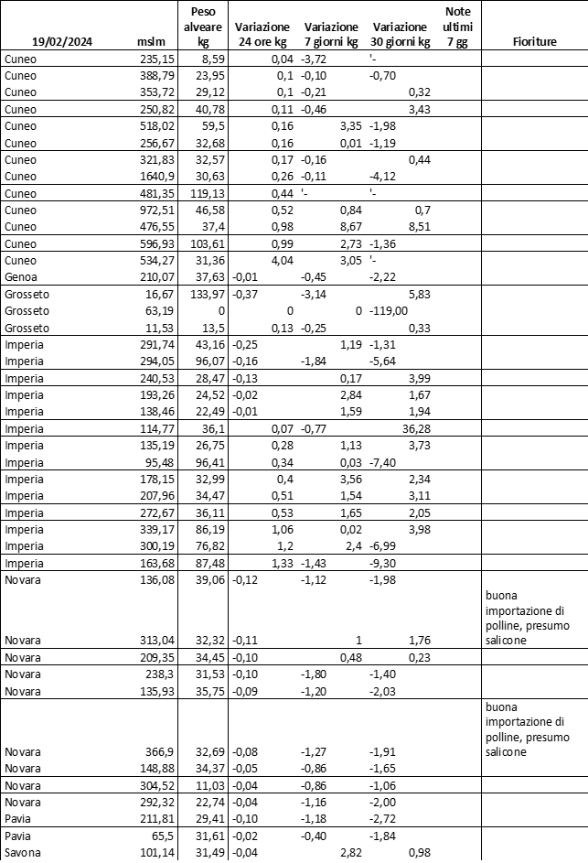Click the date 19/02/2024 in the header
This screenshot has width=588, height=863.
[62, 41]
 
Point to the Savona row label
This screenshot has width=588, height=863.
[22, 855]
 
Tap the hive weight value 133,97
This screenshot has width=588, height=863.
[207, 295]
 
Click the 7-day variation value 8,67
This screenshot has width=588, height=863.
[352, 227]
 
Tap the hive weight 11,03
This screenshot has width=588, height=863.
[209, 785]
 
